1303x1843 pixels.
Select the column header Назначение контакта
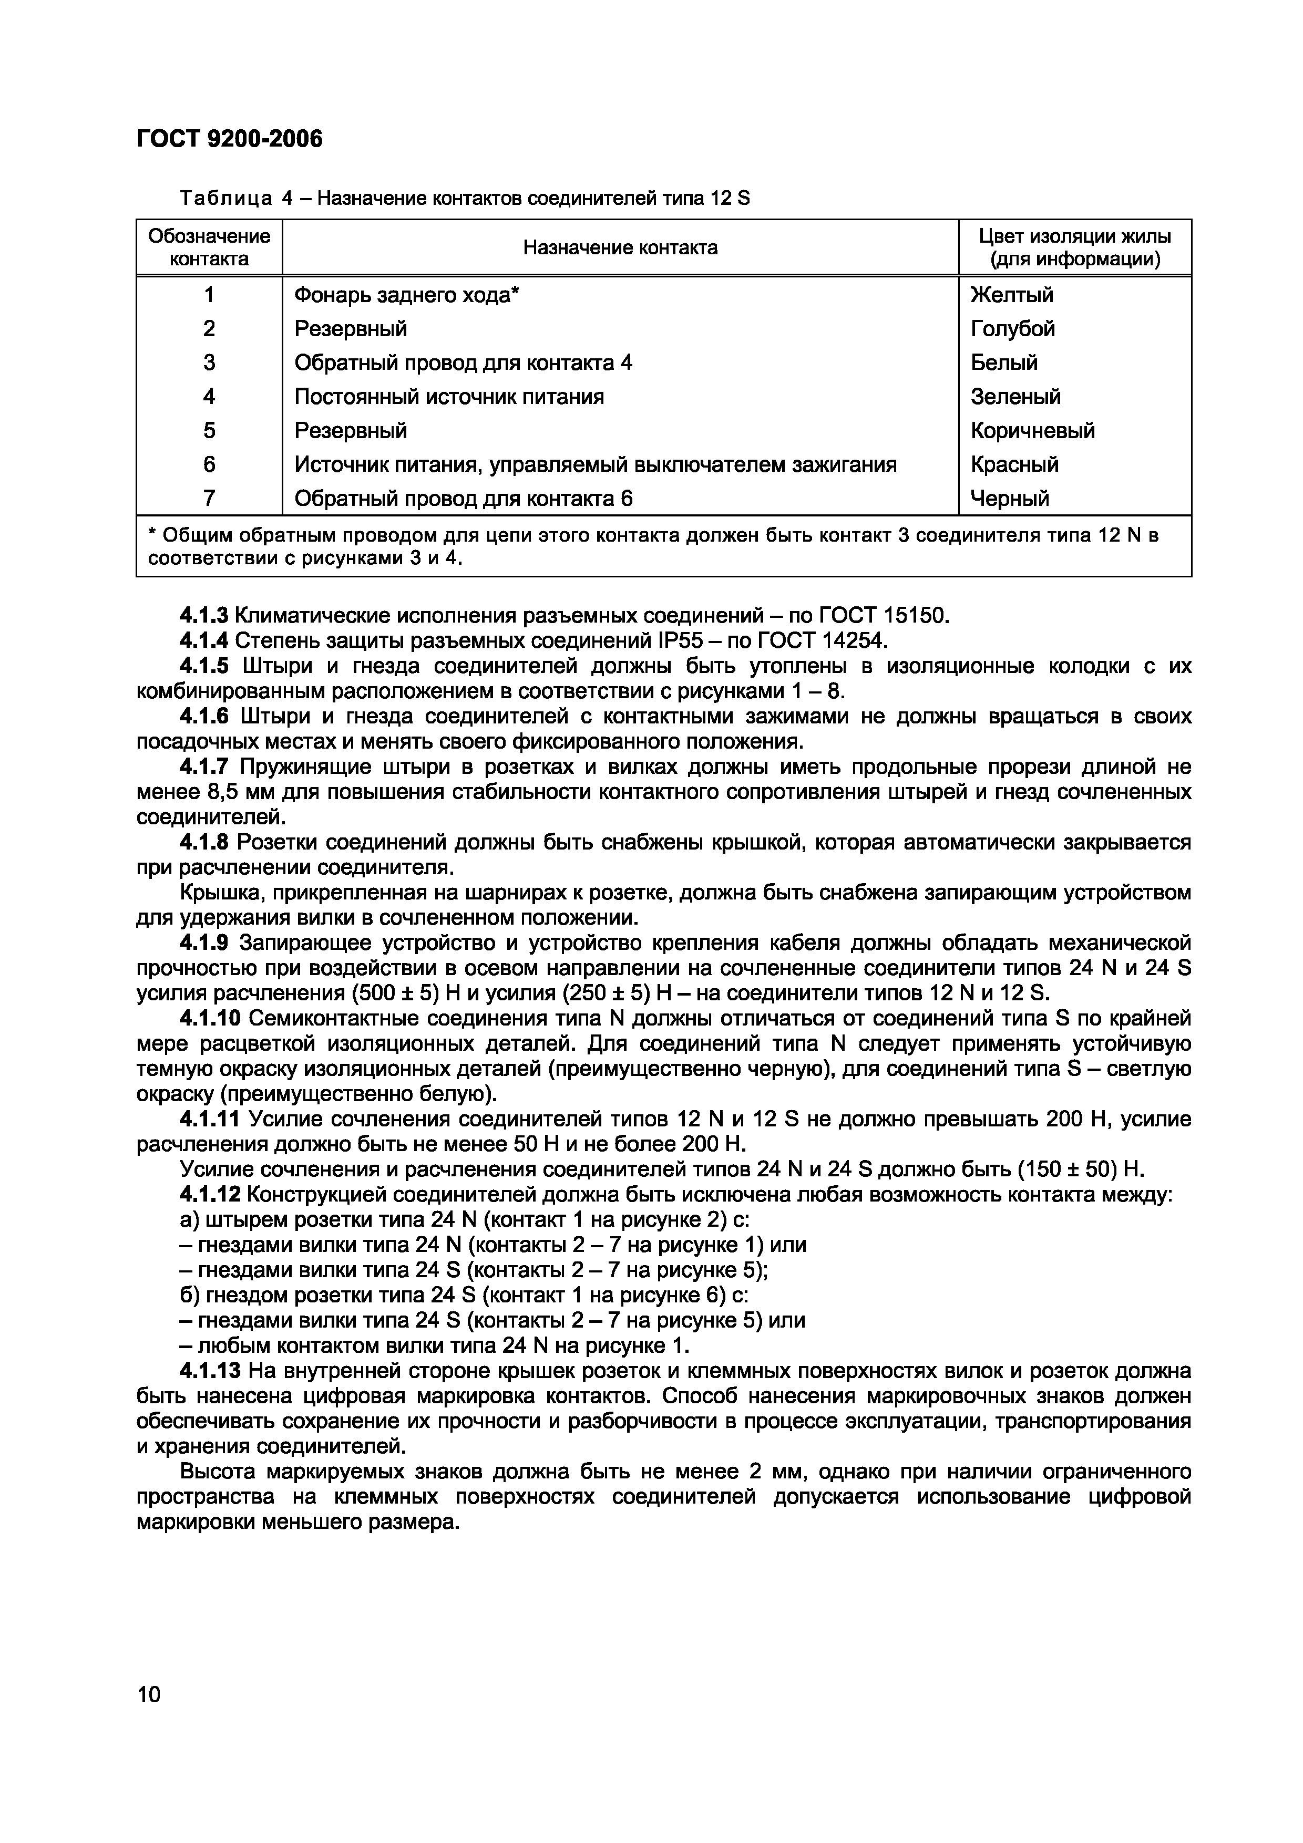tap(620, 248)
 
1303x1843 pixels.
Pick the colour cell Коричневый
tap(1032, 431)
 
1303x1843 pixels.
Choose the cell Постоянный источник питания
tap(449, 397)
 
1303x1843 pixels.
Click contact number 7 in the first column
tap(210, 499)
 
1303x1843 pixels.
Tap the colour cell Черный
tap(1010, 499)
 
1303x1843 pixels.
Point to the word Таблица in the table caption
tap(227, 198)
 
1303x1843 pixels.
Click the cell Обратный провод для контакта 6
tap(463, 499)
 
